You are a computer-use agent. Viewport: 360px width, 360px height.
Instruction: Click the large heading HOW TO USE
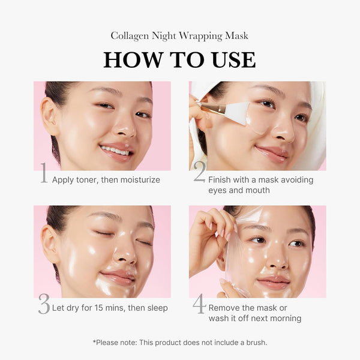(179, 59)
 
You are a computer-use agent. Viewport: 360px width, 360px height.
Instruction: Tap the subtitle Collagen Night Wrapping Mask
(179, 36)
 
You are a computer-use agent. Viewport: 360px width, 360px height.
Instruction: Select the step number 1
(43, 175)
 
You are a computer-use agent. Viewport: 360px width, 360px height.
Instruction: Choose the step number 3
(43, 305)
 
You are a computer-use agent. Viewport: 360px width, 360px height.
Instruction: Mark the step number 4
(199, 305)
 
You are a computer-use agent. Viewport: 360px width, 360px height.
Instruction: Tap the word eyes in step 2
(217, 190)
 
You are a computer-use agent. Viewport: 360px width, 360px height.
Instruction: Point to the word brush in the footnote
(253, 343)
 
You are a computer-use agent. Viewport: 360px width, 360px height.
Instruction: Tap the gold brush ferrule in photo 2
(212, 108)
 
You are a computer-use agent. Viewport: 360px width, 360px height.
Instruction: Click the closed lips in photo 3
(118, 277)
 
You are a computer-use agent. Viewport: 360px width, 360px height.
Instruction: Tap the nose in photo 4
(277, 257)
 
